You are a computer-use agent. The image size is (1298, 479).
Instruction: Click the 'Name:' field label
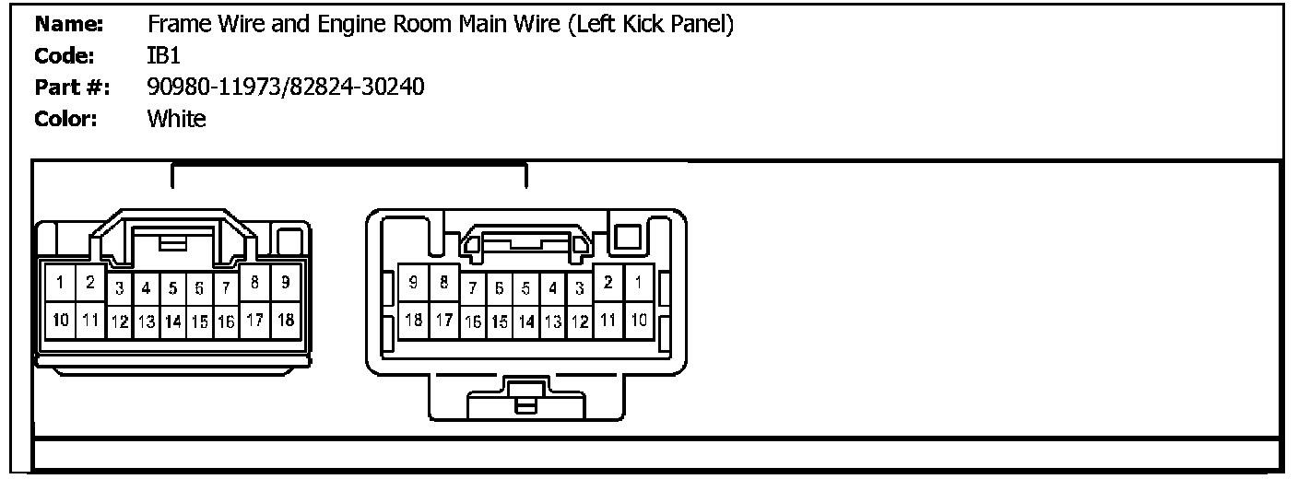click(68, 24)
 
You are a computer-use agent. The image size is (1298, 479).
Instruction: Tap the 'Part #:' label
click(72, 88)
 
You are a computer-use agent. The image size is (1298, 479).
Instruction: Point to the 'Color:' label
click(65, 119)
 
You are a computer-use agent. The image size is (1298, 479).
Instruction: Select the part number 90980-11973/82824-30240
click(286, 88)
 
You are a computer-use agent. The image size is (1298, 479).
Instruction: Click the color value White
click(176, 119)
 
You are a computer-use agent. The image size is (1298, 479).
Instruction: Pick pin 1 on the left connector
click(59, 283)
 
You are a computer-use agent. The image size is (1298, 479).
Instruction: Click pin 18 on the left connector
click(286, 320)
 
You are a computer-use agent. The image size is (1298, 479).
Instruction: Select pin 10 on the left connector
click(59, 320)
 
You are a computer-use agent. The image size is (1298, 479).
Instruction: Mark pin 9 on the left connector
click(286, 283)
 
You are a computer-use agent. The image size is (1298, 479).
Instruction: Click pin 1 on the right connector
click(637, 283)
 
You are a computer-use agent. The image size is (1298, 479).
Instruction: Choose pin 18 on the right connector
click(414, 320)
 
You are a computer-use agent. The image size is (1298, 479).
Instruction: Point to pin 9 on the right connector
click(414, 283)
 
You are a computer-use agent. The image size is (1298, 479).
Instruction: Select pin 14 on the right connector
click(525, 322)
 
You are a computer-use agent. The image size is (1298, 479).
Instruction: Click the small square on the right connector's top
click(627, 236)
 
